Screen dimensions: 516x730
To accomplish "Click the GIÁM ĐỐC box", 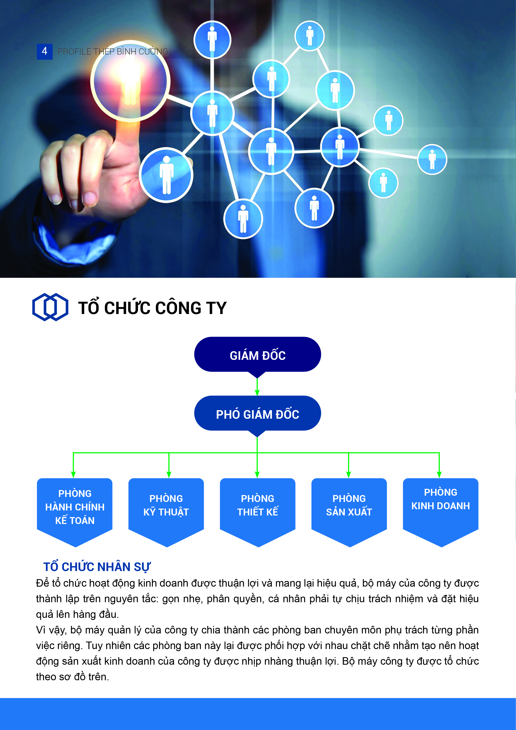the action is [x=258, y=355].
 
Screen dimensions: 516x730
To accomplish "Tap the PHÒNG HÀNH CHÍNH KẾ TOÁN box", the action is [x=75, y=510].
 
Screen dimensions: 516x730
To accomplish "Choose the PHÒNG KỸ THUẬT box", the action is [x=166, y=510].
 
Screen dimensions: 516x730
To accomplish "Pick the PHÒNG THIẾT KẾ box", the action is [x=258, y=510].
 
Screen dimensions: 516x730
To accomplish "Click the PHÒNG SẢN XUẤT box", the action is [x=349, y=510].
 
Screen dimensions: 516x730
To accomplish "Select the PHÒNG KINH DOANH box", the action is [x=441, y=510].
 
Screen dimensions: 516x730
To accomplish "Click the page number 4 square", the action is [x=45, y=51].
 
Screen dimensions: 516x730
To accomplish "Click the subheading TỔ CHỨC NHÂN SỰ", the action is [x=97, y=567].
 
